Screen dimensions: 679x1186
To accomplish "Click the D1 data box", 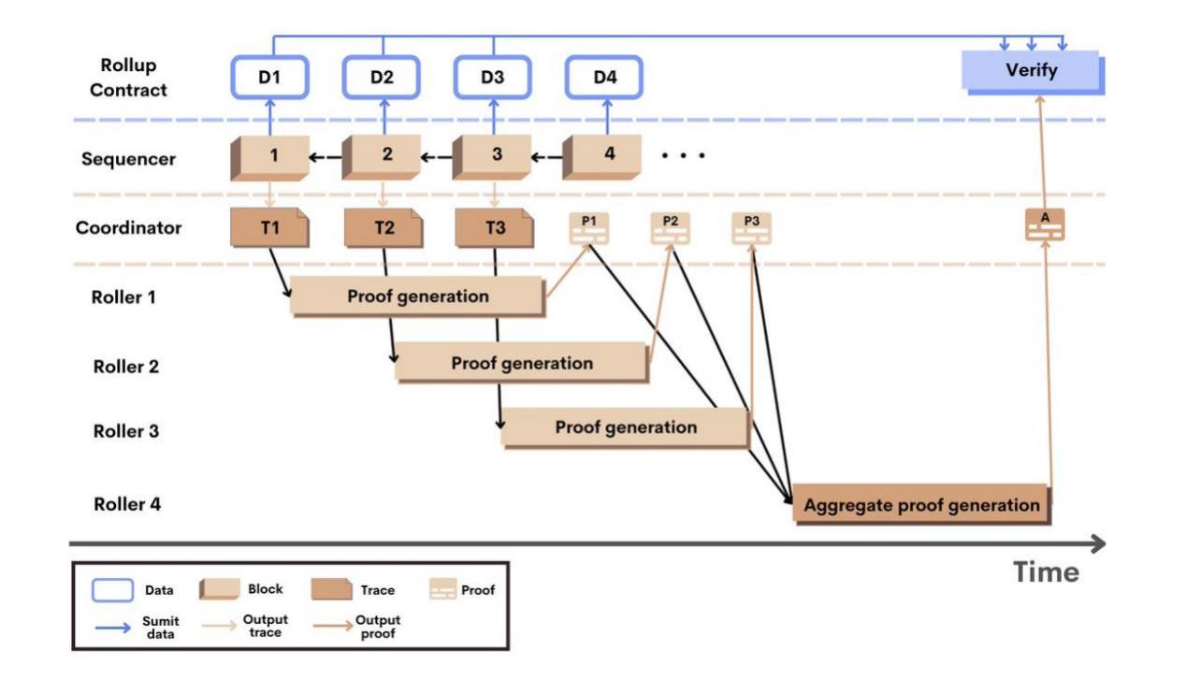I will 269,77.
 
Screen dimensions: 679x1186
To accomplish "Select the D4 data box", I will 604,77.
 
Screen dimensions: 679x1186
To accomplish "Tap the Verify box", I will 1032,71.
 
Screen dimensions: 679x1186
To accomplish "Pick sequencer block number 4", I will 607,155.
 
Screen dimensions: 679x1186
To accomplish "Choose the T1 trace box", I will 269,228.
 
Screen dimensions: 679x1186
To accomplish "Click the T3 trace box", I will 493,228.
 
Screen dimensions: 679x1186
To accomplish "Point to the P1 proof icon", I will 588,227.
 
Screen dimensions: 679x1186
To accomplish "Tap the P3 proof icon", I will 752,227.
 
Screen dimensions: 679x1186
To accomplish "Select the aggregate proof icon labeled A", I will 1045,225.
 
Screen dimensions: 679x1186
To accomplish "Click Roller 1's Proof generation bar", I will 417,296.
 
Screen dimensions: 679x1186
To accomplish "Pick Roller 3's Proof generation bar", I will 625,427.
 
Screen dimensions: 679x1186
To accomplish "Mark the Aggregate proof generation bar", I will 920,505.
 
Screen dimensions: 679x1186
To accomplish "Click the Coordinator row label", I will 128,227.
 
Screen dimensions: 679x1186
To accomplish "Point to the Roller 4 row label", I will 127,504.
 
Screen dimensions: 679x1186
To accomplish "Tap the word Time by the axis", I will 1046,571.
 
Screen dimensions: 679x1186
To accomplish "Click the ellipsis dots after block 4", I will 683,155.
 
